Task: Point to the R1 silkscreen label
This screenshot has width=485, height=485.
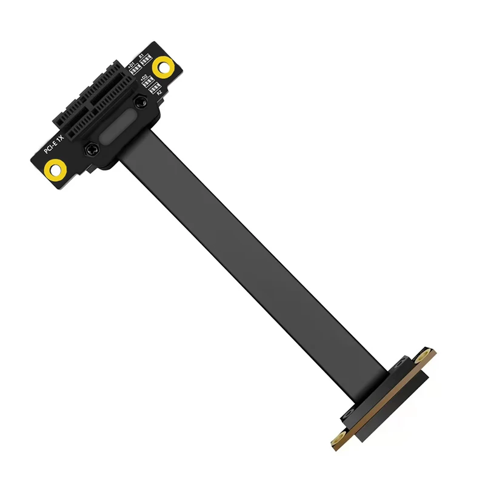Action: pyautogui.click(x=141, y=56)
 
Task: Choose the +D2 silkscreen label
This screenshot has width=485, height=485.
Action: pyautogui.click(x=144, y=77)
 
